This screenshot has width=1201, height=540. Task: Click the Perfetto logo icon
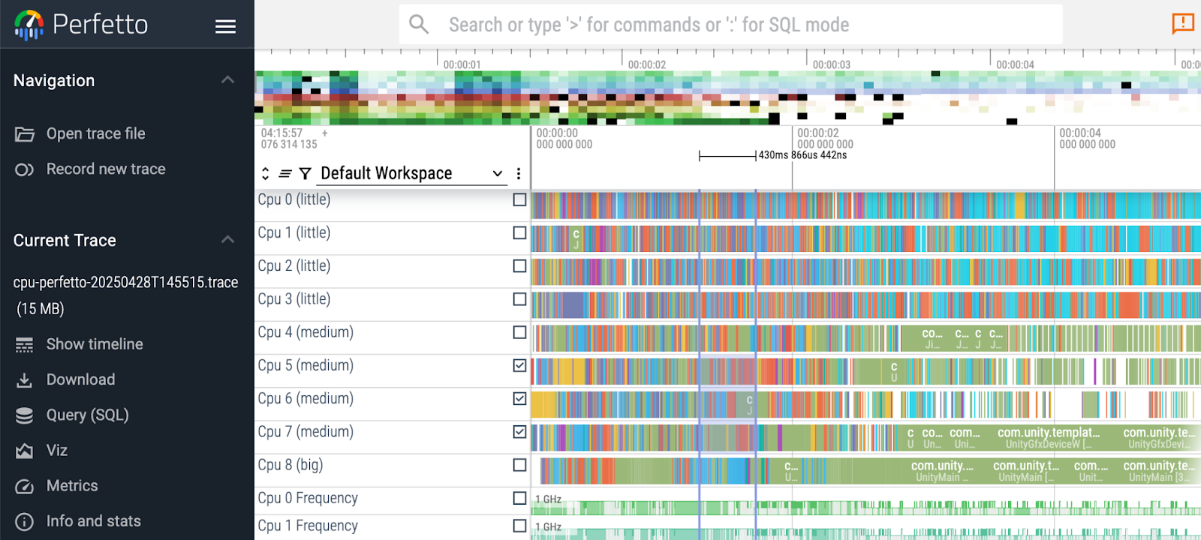coord(29,25)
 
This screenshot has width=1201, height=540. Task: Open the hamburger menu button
coord(225,26)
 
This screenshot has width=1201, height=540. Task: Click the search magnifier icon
coord(419,25)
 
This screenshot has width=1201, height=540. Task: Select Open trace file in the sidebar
coord(95,133)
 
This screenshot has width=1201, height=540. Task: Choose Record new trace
coord(105,169)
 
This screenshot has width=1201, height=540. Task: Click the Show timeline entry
coord(94,344)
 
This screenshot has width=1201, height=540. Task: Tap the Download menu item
coord(80,379)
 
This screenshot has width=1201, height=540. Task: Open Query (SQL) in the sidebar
coord(87,415)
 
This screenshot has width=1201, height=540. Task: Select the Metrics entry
coord(72,486)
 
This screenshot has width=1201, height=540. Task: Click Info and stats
coord(93,521)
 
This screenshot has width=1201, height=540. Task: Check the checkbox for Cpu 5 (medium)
coord(519,365)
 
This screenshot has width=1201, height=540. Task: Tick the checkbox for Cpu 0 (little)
coord(519,199)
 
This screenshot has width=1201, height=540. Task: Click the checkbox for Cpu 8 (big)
coord(519,465)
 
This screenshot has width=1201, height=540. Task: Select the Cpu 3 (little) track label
coord(294,299)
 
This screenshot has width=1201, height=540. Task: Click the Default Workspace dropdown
coord(409,173)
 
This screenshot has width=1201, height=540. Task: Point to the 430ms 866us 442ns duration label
coord(802,155)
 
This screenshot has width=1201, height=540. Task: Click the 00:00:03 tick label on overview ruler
coord(831,64)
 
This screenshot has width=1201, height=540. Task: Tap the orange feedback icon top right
coord(1183,23)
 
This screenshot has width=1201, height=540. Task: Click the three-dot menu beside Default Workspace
coord(518,173)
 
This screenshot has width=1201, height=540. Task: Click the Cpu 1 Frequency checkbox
coord(519,526)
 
